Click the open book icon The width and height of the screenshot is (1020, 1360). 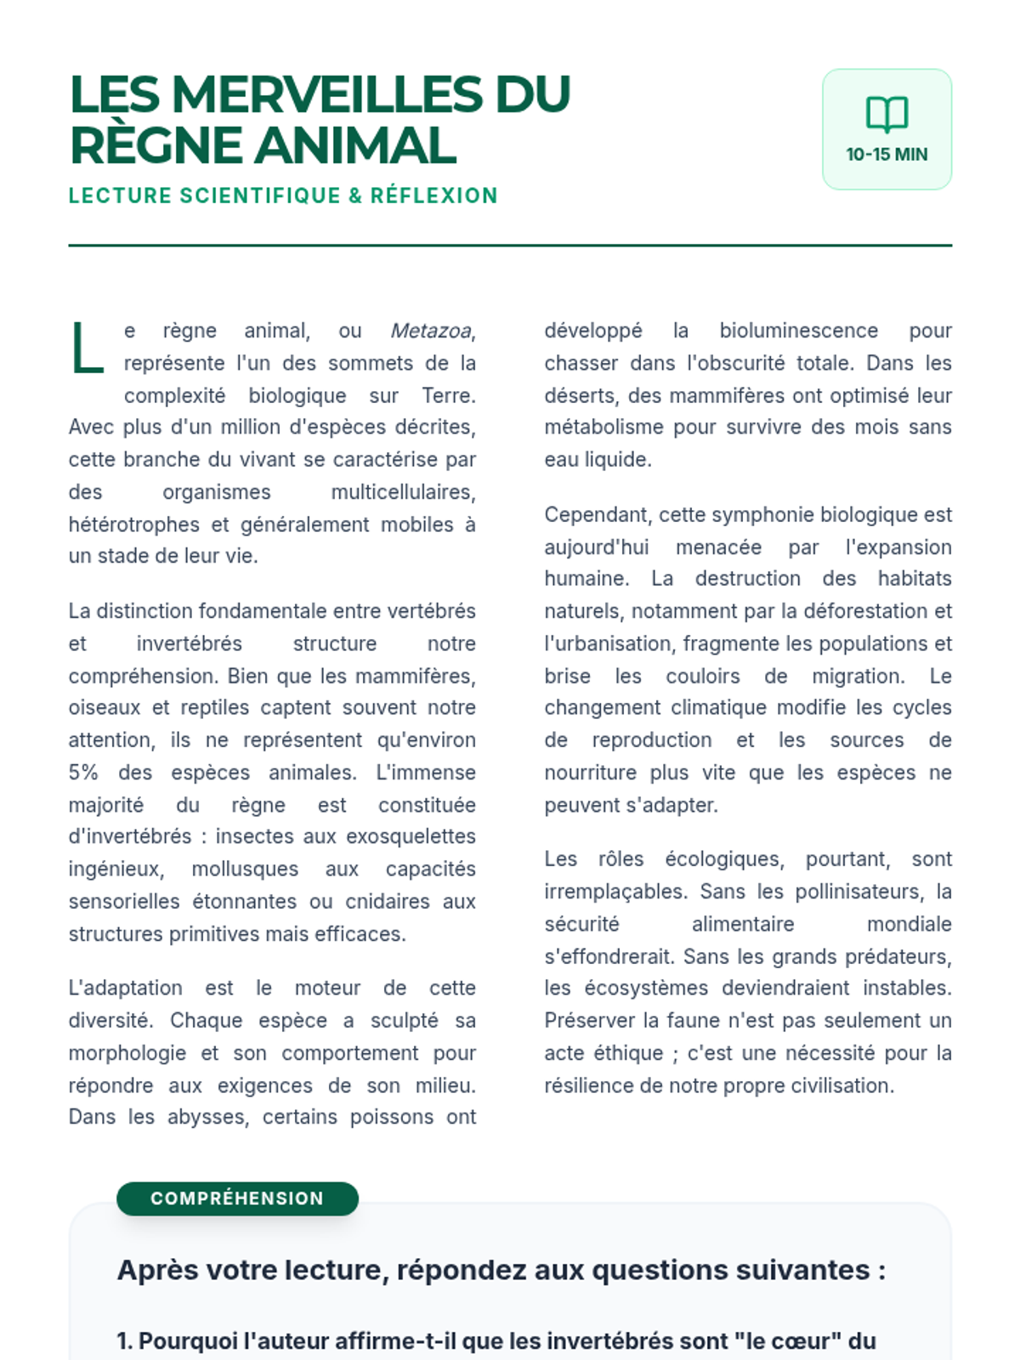click(x=887, y=114)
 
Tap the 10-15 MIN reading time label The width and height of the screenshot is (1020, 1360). click(x=887, y=155)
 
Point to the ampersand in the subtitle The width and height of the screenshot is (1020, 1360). click(x=355, y=195)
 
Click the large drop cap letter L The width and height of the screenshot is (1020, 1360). click(x=87, y=348)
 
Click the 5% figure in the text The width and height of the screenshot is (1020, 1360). click(x=83, y=773)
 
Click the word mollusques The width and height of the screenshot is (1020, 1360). click(x=245, y=869)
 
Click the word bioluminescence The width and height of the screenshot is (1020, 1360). click(x=798, y=331)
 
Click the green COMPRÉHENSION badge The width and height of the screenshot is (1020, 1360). click(x=237, y=1198)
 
